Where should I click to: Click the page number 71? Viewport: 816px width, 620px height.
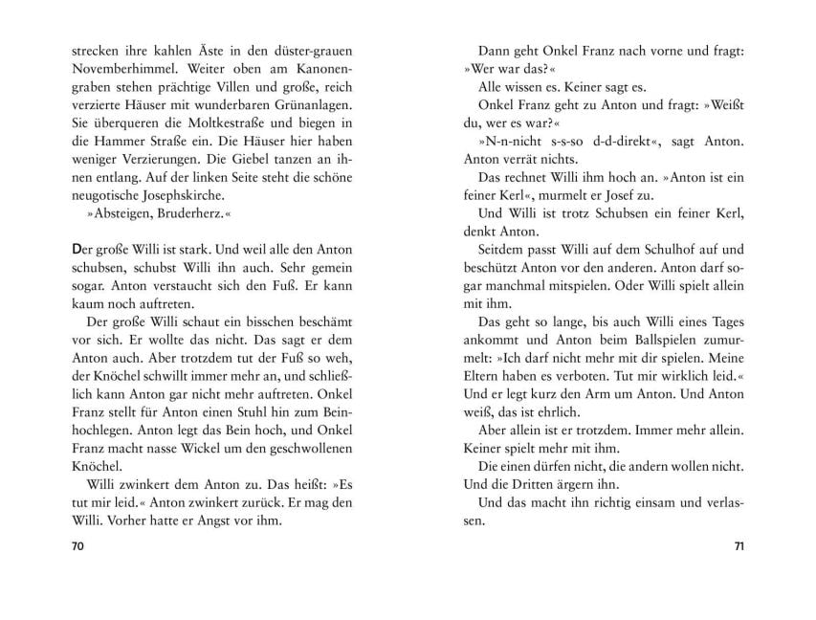738,547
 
